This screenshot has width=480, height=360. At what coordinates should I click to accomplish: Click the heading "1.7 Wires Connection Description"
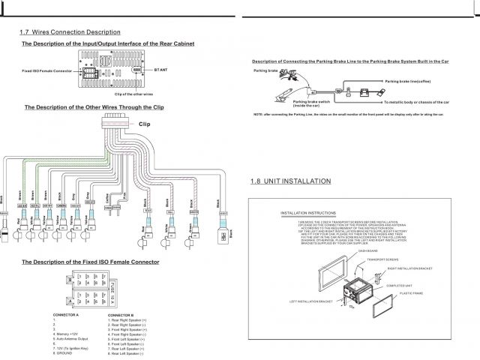pyautogui.click(x=69, y=32)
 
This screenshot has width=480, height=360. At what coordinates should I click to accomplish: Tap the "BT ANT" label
pyautogui.click(x=163, y=69)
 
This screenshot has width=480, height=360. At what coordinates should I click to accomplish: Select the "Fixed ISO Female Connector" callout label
pyautogui.click(x=47, y=73)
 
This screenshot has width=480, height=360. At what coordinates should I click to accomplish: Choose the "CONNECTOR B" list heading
pyautogui.click(x=121, y=313)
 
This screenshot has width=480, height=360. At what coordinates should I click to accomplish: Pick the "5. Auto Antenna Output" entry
pyautogui.click(x=73, y=337)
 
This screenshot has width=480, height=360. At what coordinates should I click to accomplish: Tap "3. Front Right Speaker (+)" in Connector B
pyautogui.click(x=127, y=328)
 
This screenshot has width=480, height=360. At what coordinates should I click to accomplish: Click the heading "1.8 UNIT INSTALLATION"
pyautogui.click(x=290, y=182)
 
